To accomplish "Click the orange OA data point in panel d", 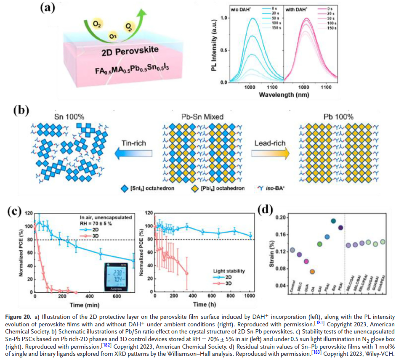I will [312, 272].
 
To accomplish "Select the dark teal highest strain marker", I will [333, 221].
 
